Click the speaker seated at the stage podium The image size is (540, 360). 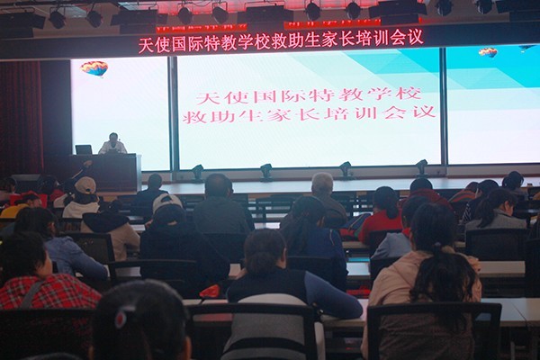coord(112,144)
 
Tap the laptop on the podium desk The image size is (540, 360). coord(84,149)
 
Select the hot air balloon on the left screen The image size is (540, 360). coord(94,68)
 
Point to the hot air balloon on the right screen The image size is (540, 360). coord(488,53)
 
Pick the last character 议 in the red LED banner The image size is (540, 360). coord(415,37)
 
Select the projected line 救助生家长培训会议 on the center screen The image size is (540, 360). coord(309,114)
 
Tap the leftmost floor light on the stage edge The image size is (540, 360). coord(198,172)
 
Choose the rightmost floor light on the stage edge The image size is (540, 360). coord(422,167)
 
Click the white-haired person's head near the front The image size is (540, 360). coord(323,184)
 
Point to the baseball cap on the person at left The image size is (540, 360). coord(85,184)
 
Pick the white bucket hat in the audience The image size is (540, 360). coord(167,202)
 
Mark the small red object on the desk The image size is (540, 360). coord(210,292)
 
